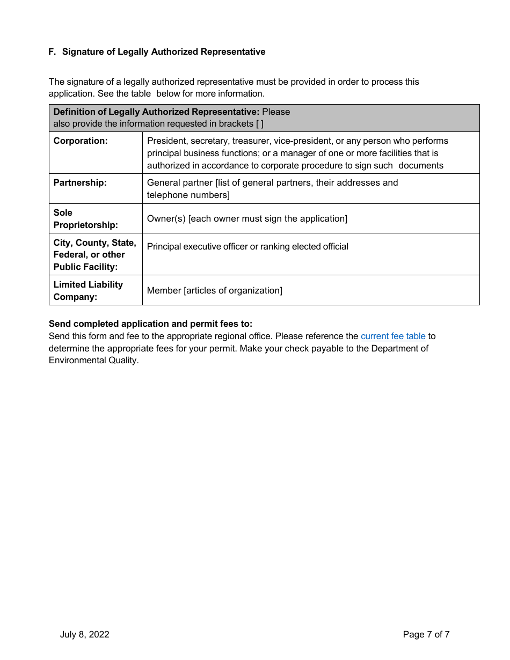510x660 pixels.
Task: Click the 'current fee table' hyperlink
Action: [x=393, y=336]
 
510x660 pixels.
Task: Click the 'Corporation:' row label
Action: [x=81, y=141]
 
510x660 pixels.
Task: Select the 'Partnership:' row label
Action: [x=80, y=183]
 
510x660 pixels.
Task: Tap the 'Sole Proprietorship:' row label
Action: [x=85, y=219]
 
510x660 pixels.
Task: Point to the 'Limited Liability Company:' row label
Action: [x=88, y=291]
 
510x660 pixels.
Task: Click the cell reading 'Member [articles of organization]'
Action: [x=214, y=291]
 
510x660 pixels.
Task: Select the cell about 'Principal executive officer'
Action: [x=247, y=247]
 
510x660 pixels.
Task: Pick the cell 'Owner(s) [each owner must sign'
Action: [x=247, y=219]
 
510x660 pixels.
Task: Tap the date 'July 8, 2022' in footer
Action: [x=84, y=635]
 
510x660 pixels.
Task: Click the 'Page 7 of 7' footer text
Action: [x=426, y=635]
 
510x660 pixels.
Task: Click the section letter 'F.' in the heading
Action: [x=52, y=52]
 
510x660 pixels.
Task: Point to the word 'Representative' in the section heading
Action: [x=234, y=52]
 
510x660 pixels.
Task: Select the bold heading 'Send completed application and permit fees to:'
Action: [x=150, y=324]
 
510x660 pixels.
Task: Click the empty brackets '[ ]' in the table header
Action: [x=259, y=124]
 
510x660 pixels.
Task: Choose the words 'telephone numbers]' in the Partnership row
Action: [x=188, y=195]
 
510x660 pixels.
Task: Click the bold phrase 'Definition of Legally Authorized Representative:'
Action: [x=156, y=112]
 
